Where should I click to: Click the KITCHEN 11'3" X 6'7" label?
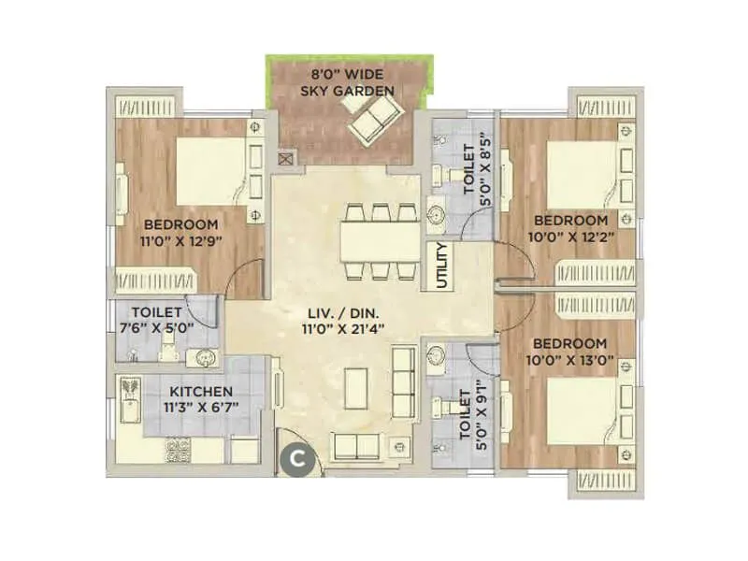202,399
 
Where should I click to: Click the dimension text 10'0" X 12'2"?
570,237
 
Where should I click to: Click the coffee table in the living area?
357,385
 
